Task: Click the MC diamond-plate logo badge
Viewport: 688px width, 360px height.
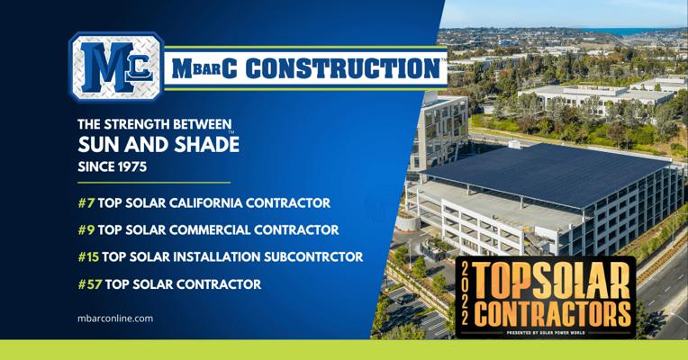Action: tap(116, 67)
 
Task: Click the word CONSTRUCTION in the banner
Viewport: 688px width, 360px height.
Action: tap(343, 68)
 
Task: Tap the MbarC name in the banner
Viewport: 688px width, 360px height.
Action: tap(204, 68)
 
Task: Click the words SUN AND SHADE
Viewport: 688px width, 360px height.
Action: tap(158, 144)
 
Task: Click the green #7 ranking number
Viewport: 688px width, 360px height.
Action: tap(86, 203)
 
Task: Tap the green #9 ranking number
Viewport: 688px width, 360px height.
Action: tap(86, 229)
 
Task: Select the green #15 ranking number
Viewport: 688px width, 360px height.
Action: tap(88, 257)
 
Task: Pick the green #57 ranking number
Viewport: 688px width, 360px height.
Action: tap(90, 284)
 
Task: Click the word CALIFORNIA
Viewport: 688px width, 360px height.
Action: tap(206, 203)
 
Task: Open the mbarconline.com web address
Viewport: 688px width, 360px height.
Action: tap(115, 319)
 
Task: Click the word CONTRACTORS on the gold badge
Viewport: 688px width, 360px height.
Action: tap(552, 314)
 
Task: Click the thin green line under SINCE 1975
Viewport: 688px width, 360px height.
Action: tap(154, 183)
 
